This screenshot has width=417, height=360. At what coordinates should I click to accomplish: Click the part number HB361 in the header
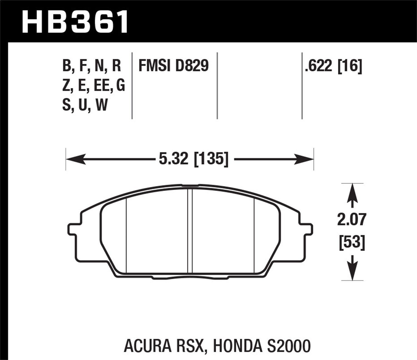coord(75,21)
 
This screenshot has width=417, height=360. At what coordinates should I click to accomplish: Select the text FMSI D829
coord(173,66)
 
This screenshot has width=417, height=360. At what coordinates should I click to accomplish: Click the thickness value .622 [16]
coord(333,66)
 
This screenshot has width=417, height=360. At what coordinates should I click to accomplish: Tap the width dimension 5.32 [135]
coord(193,159)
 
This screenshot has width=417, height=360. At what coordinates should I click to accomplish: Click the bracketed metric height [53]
coord(352,242)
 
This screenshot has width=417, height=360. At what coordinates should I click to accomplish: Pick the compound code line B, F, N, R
coord(92,66)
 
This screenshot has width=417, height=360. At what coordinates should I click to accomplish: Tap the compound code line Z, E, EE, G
coord(93,86)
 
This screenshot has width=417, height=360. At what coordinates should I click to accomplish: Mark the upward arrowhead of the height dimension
coord(352,192)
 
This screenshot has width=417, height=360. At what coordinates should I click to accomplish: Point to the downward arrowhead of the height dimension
coord(352,272)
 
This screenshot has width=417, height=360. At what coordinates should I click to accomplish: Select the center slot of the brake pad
coord(190,231)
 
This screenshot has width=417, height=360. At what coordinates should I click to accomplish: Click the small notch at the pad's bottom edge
coord(190,278)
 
